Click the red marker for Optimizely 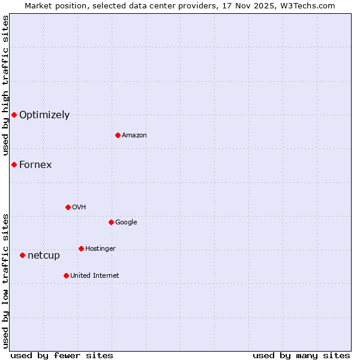pos(14,115)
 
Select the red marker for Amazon pos(118,135)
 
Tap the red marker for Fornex pos(14,164)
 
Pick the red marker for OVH pos(68,207)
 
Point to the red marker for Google pos(111,222)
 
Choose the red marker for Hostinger pos(81,248)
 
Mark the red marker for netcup pos(22,255)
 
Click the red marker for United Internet pos(66,275)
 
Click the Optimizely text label pos(44,115)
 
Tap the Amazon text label pos(134,136)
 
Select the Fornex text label pos(35,165)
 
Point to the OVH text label pos(79,208)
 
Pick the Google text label pos(126,223)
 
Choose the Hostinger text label pos(100,249)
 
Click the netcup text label pos(44,256)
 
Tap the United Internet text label pos(95,276)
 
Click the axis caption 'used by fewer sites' pos(62,355)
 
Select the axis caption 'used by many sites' pos(301,355)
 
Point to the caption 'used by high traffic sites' pos(5,86)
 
